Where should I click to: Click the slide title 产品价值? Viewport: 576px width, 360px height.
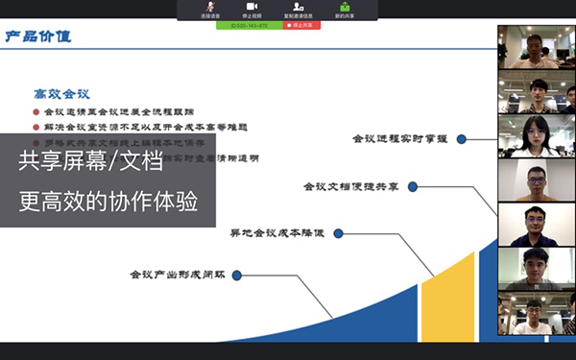click(x=37, y=37)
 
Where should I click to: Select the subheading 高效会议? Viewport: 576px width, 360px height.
click(x=61, y=93)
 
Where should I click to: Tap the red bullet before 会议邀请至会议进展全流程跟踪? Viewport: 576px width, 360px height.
click(x=36, y=111)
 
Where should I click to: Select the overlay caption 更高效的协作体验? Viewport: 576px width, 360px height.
click(x=105, y=204)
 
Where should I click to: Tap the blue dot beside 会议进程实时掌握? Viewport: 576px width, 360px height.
click(x=462, y=139)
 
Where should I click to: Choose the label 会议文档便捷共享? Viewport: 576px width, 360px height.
click(x=350, y=186)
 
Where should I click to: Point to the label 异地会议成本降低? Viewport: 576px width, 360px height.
click(x=277, y=232)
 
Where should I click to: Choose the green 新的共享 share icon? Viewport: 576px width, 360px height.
click(x=343, y=7)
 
